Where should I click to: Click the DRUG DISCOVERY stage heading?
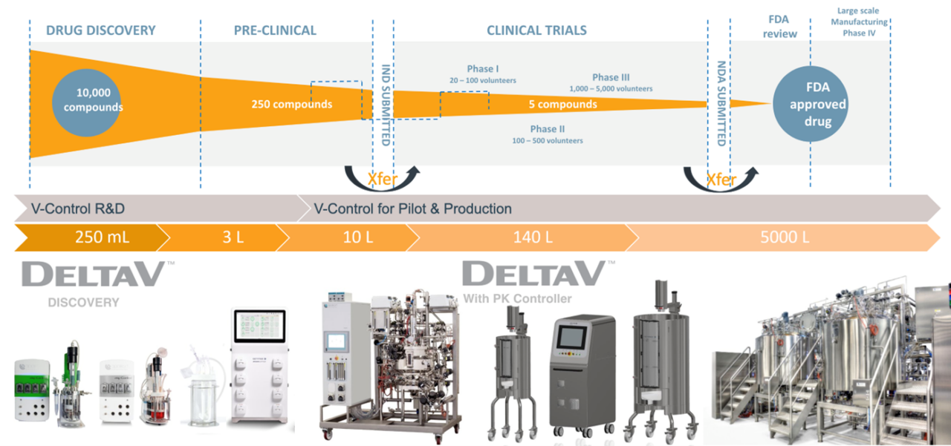point(101,30)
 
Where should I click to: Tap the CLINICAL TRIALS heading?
point(536,30)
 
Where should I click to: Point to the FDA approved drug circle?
point(817,105)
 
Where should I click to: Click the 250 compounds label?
point(291,104)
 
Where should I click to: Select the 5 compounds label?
point(562,105)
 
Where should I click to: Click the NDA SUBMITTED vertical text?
point(720,103)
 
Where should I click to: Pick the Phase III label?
point(611,77)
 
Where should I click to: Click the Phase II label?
point(548,129)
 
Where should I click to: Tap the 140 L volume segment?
point(522,237)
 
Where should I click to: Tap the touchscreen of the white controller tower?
point(260,327)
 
